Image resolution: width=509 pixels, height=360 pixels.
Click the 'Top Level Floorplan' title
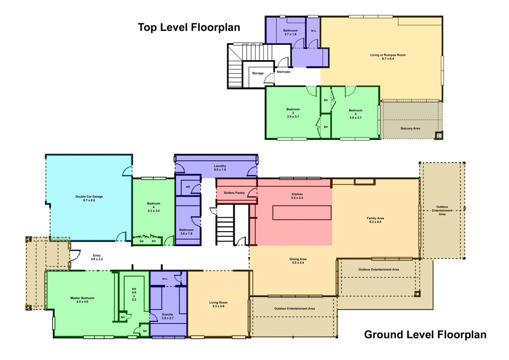coord(189,27)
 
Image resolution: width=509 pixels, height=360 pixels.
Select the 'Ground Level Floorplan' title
coord(425,335)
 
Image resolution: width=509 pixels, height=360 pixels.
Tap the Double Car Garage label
coord(89,199)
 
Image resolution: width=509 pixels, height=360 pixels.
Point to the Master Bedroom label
coord(82,300)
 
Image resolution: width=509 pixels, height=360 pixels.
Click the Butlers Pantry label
coord(234,192)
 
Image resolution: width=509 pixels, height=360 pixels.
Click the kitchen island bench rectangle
coord(302,212)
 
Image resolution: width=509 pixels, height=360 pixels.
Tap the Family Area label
coord(377,220)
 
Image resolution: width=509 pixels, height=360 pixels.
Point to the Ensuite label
coord(168,316)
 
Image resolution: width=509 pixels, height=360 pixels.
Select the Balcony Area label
coord(410,128)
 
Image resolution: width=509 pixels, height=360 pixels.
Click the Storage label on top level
coord(257,73)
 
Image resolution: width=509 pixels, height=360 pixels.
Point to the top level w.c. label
coord(314,31)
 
